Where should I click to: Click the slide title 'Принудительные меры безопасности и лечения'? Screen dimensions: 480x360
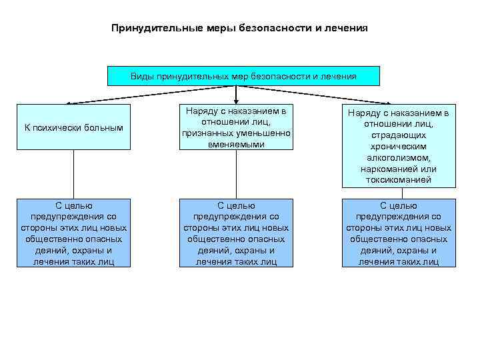pyautogui.click(x=239, y=29)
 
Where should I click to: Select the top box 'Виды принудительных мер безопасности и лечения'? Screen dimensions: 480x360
pyautogui.click(x=243, y=76)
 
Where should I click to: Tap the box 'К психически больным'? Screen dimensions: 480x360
pyautogui.click(x=73, y=127)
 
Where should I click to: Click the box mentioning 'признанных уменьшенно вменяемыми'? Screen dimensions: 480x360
pyautogui.click(x=236, y=127)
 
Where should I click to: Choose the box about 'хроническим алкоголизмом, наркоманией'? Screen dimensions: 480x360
pyautogui.click(x=399, y=146)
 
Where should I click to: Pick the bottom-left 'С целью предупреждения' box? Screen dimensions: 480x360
pyautogui.click(x=73, y=233)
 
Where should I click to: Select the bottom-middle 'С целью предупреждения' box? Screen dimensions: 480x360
pyautogui.click(x=236, y=233)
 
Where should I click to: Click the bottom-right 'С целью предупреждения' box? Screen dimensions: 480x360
pyautogui.click(x=399, y=233)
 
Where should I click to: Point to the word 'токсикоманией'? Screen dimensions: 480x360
pyautogui.click(x=399, y=180)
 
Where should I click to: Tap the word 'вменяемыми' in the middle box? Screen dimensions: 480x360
pyautogui.click(x=236, y=144)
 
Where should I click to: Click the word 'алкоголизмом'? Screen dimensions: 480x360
pyautogui.click(x=399, y=157)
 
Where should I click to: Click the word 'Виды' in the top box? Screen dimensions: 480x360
pyautogui.click(x=142, y=76)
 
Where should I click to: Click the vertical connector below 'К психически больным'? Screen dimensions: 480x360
pyautogui.click(x=73, y=174)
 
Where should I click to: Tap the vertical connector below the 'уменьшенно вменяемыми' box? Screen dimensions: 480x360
pyautogui.click(x=236, y=174)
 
